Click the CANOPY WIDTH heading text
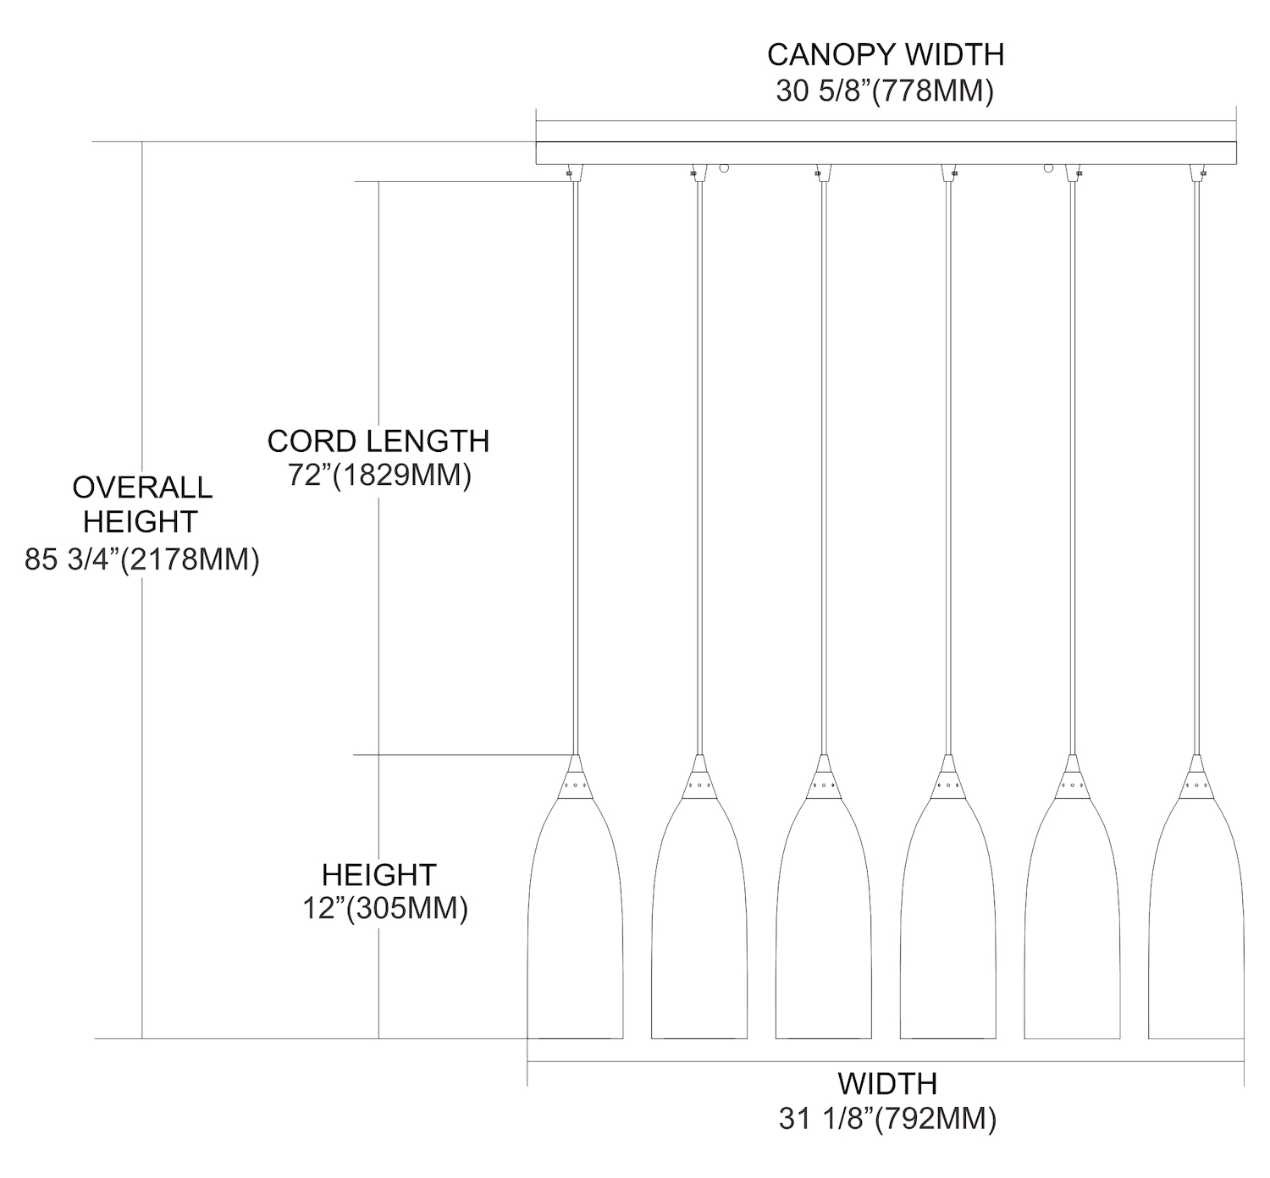[x=885, y=55]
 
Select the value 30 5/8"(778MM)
[x=885, y=91]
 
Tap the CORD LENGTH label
[x=378, y=441]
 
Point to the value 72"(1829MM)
[x=378, y=476]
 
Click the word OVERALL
[x=142, y=487]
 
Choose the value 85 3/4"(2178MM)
[x=142, y=559]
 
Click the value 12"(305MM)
[x=385, y=909]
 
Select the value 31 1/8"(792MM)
[x=887, y=1119]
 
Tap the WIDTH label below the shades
[x=887, y=1083]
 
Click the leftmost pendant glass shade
[x=576, y=931]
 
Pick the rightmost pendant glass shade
[x=1196, y=931]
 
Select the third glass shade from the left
[x=824, y=931]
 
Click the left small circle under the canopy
[x=724, y=168]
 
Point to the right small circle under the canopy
[x=1048, y=168]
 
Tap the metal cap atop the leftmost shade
[x=576, y=777]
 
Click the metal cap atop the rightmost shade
[x=1196, y=777]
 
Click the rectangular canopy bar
[x=886, y=152]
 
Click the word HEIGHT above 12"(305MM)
[x=378, y=874]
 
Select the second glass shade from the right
[x=1072, y=931]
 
